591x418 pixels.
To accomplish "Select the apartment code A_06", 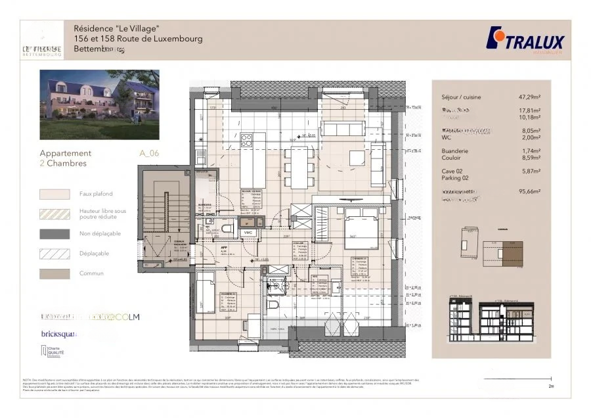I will pyautogui.click(x=149, y=153).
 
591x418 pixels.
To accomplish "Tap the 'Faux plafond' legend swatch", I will pyautogui.click(x=55, y=194).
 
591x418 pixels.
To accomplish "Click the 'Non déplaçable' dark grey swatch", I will pyautogui.click(x=55, y=233).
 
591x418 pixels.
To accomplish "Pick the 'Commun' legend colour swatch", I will pyautogui.click(x=55, y=273).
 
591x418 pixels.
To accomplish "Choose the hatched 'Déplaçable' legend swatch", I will pyautogui.click(x=55, y=253).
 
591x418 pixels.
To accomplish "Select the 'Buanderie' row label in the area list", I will pyautogui.click(x=455, y=151).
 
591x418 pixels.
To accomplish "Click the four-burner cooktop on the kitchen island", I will pyautogui.click(x=247, y=140).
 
